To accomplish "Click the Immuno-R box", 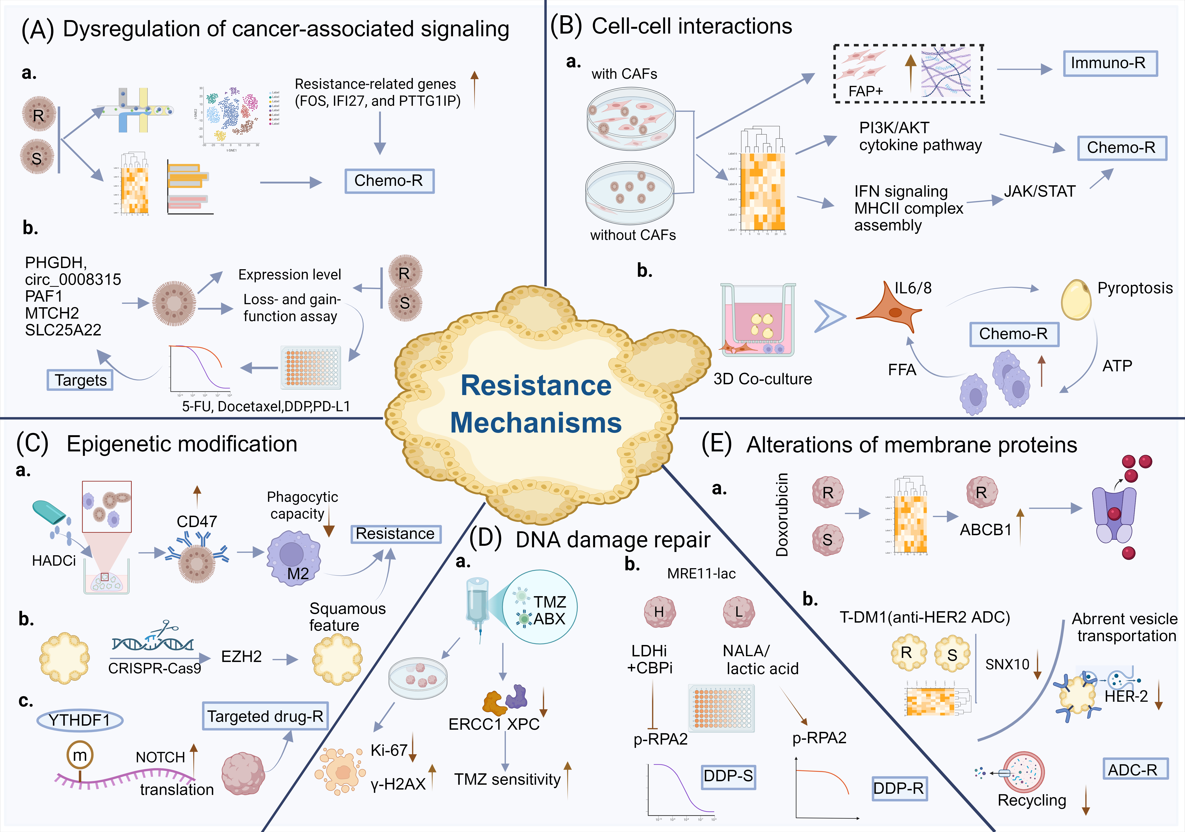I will click(x=1110, y=63).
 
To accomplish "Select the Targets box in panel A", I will click(x=80, y=380).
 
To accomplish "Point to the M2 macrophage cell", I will click(x=293, y=557).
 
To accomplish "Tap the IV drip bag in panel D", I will click(x=477, y=603).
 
